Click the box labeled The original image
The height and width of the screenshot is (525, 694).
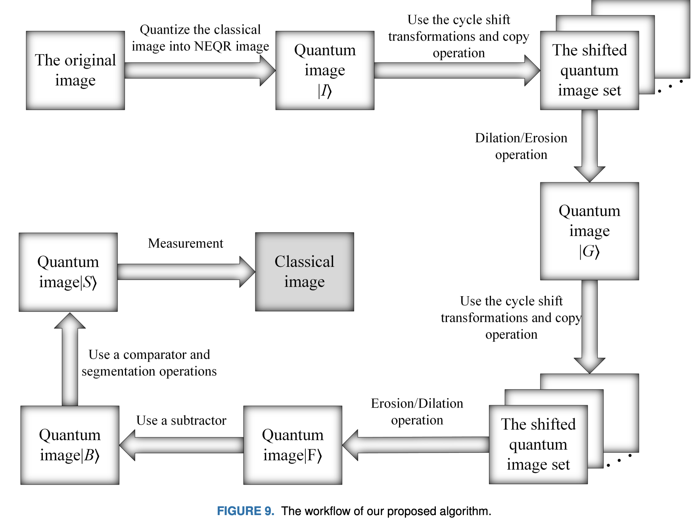(75, 70)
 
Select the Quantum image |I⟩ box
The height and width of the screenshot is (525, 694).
(325, 70)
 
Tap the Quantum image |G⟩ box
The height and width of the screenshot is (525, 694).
(589, 231)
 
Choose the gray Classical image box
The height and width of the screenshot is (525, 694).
(304, 272)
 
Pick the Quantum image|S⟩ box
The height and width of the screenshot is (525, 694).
(68, 272)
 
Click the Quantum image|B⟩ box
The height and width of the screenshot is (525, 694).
(70, 445)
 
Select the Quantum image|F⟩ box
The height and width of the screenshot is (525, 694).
(293, 445)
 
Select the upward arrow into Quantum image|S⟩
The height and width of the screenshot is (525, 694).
(70, 359)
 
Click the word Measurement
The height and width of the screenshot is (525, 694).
(186, 243)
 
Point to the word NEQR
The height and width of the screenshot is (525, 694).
(213, 46)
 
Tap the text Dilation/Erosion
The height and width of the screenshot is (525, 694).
(521, 138)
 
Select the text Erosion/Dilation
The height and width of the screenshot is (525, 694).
(417, 403)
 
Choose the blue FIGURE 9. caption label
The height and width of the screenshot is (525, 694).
(245, 511)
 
